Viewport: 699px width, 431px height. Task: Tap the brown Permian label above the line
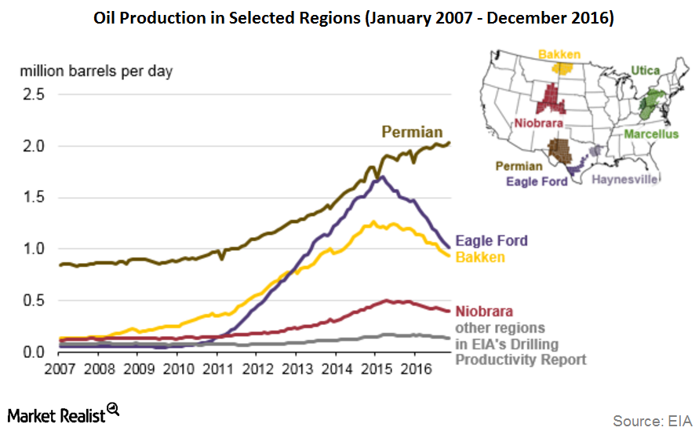(412, 131)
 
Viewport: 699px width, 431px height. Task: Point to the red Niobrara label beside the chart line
(485, 312)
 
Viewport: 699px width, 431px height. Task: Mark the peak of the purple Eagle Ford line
(381, 177)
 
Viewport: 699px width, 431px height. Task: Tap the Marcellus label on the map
(651, 134)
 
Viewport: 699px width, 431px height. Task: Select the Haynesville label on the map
(624, 179)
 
